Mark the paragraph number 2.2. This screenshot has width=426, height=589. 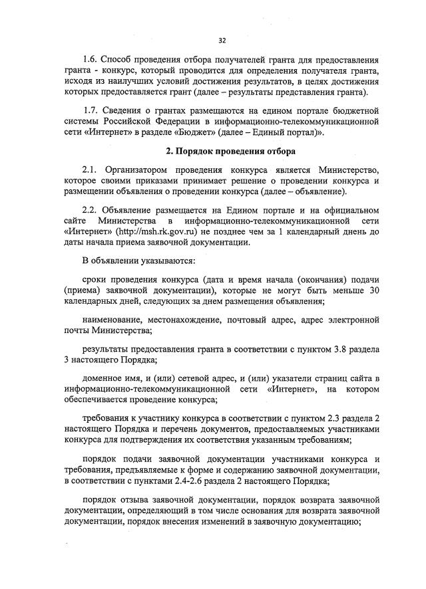coord(91,211)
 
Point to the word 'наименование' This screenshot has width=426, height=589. coord(110,320)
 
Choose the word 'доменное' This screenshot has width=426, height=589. coord(102,378)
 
